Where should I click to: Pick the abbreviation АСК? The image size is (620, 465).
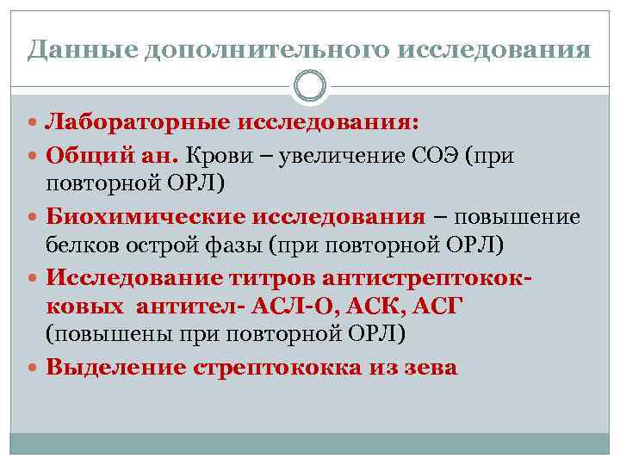point(368,307)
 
